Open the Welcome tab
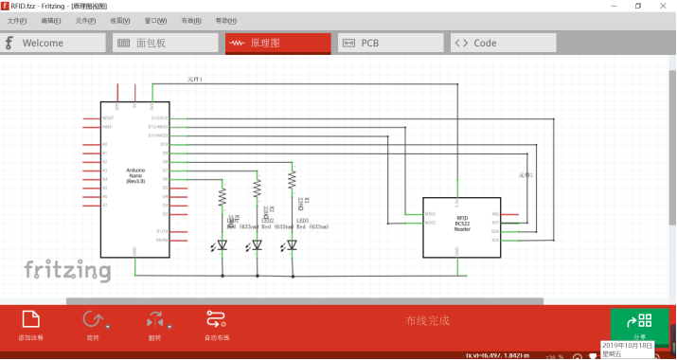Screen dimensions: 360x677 click(53, 43)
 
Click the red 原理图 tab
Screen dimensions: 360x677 click(277, 43)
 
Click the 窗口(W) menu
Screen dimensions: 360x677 click(156, 20)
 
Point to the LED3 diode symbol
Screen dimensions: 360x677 click(292, 245)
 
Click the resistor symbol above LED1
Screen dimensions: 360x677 click(223, 196)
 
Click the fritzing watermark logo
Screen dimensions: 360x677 click(67, 271)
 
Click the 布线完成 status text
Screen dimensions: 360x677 click(427, 320)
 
